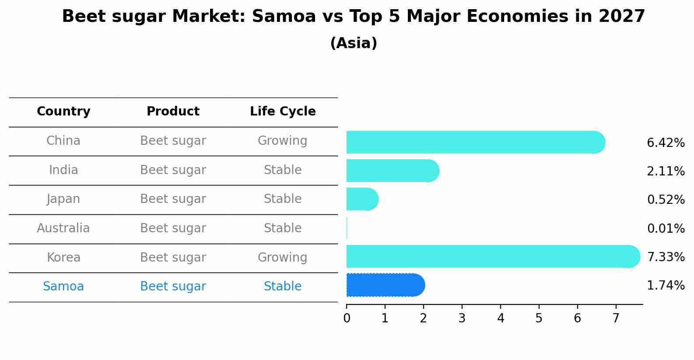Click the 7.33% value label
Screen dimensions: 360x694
point(666,257)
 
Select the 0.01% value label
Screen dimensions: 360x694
point(666,228)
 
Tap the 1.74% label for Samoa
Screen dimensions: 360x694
point(666,286)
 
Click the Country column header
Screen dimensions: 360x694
point(63,112)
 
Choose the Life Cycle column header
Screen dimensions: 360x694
point(283,112)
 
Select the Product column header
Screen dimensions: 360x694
point(173,112)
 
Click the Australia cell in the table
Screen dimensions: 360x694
point(63,228)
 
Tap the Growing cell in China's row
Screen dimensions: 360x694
point(283,141)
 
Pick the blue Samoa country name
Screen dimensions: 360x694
point(63,287)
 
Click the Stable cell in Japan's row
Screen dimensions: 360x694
point(283,199)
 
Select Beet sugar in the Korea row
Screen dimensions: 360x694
point(173,258)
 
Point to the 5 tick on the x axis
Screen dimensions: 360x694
point(539,318)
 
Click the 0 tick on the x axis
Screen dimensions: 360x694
point(347,318)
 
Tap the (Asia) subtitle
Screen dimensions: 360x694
point(354,43)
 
